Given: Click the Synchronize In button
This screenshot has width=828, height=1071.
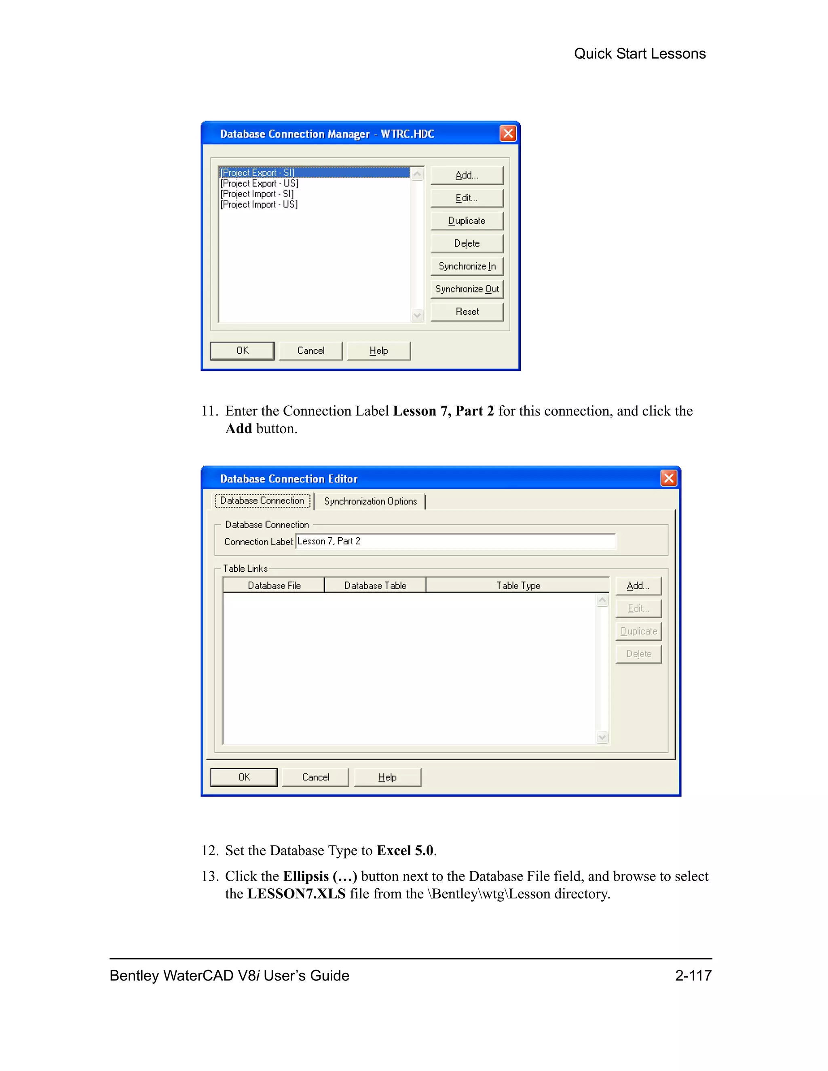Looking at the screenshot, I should click(x=467, y=266).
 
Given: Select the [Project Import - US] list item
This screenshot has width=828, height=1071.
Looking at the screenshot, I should click(x=259, y=205).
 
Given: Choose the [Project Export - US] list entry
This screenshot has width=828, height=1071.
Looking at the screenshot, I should click(x=260, y=183).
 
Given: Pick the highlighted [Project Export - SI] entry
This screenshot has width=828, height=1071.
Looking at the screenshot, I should click(x=258, y=173).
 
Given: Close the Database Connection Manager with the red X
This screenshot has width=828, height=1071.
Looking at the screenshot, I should click(x=508, y=133).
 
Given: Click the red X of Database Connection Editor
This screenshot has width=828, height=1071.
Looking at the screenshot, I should click(x=669, y=478).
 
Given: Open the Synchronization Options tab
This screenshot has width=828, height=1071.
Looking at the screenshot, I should click(x=370, y=501).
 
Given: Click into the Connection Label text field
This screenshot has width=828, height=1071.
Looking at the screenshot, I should click(x=455, y=542).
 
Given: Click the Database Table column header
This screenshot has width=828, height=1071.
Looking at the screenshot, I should click(x=375, y=586).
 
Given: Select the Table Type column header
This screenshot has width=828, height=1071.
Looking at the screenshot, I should click(x=518, y=586).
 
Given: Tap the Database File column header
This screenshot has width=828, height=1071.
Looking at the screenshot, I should click(x=274, y=586).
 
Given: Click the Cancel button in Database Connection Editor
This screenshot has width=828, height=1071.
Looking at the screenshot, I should click(x=315, y=777).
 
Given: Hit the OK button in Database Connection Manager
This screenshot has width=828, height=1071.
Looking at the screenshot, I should click(x=242, y=351).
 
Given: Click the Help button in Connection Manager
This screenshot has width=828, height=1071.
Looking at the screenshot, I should click(x=378, y=351).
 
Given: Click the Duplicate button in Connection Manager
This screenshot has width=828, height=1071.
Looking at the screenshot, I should click(x=467, y=221).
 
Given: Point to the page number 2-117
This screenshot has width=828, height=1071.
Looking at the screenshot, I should click(x=693, y=975).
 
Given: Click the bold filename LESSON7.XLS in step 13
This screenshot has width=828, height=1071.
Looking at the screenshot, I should click(x=296, y=894).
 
